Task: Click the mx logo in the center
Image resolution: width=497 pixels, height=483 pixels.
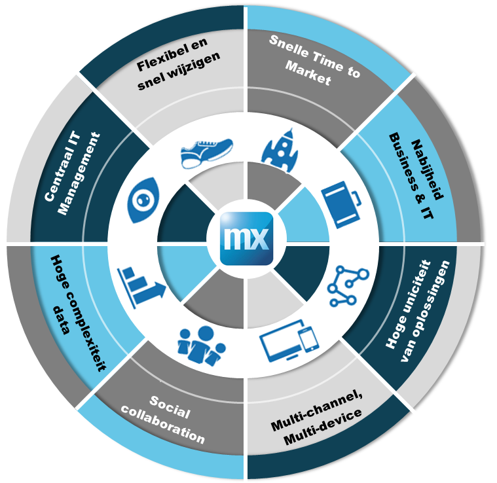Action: click(246, 238)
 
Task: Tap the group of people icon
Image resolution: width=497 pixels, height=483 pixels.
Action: click(200, 342)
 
